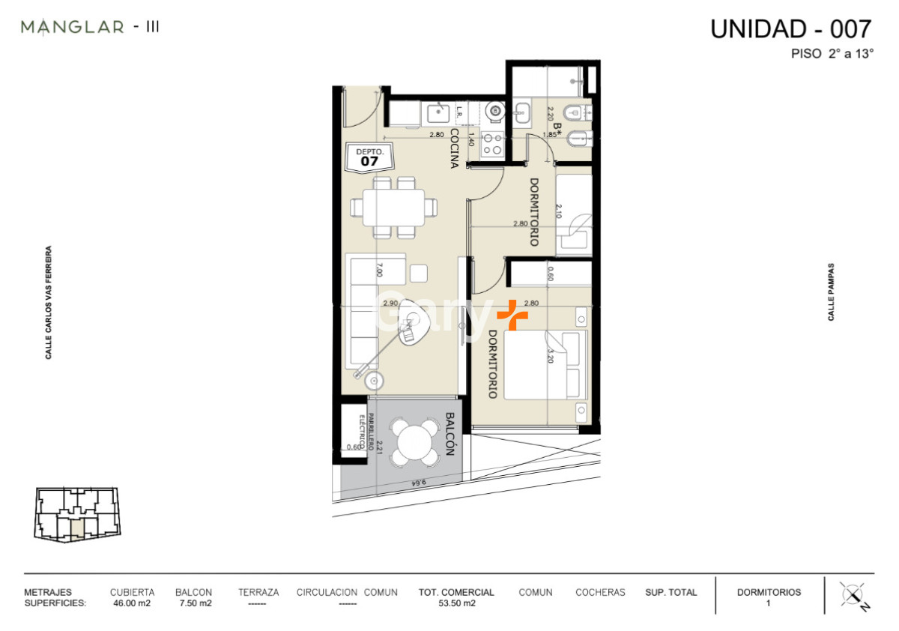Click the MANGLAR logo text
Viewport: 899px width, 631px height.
73,28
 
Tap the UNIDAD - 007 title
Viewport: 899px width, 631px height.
790,29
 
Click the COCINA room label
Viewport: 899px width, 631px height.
454,148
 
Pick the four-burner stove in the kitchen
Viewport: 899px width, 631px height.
492,144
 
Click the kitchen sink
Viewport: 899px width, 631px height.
437,113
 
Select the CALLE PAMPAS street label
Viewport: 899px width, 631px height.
831,292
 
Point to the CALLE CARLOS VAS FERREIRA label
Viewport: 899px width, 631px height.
49,303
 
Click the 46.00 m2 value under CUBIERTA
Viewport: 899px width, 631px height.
132,603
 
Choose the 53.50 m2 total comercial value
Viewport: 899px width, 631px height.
456,603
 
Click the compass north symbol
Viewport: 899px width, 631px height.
853,596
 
